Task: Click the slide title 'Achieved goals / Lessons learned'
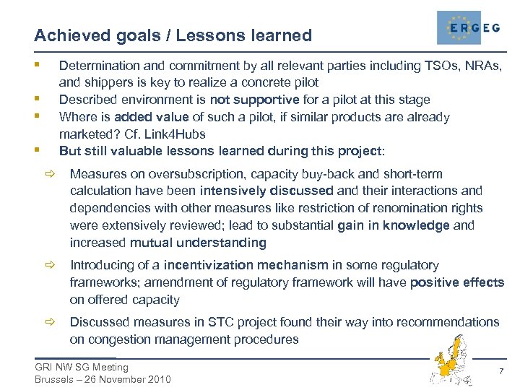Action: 173,35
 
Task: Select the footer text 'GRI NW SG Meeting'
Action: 81,367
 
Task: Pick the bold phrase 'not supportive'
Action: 254,100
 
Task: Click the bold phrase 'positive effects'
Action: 456,282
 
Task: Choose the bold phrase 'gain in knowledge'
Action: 393,225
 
